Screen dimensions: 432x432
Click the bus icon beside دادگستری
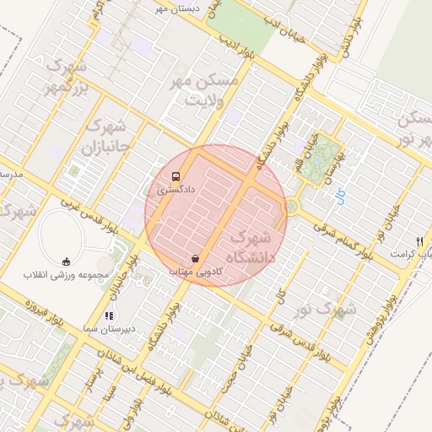point(175,177)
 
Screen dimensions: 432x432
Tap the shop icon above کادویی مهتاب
point(196,258)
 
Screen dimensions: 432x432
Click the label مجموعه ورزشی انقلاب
point(67,275)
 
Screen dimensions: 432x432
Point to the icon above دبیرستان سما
point(107,316)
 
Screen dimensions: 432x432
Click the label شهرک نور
point(330,310)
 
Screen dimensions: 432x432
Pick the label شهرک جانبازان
point(107,138)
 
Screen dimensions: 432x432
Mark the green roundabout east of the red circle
point(292,205)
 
